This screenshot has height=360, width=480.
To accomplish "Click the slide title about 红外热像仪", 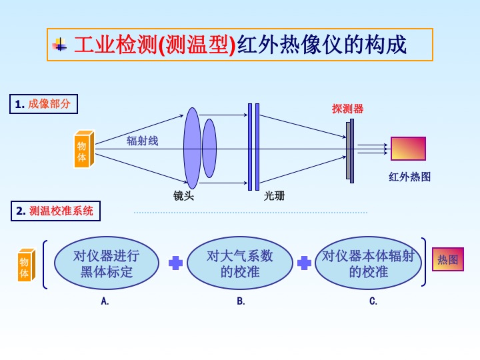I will click(x=240, y=45).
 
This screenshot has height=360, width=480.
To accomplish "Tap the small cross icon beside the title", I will click(x=61, y=45).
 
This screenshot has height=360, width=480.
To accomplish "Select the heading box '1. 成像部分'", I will click(x=43, y=104).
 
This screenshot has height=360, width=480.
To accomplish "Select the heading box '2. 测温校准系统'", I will click(x=55, y=211).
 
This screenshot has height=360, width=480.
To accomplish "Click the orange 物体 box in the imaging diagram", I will click(x=84, y=148).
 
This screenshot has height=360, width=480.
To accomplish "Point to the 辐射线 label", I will click(x=143, y=141).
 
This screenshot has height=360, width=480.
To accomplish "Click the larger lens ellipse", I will click(x=192, y=148).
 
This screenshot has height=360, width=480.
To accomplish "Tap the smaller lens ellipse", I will click(x=209, y=148).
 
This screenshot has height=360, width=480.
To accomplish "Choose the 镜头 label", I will click(x=183, y=196).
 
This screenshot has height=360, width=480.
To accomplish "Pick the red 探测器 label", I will click(x=347, y=109).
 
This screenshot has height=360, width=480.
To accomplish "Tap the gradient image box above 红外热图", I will click(x=408, y=148).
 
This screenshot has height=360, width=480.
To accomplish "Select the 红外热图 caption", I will click(x=410, y=177).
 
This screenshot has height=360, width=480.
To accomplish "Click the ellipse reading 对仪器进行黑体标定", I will click(x=107, y=263).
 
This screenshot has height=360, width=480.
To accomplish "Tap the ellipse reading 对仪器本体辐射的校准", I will click(x=369, y=263).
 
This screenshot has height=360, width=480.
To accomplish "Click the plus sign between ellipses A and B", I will click(x=175, y=263).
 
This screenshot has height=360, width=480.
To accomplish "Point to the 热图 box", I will click(x=448, y=259).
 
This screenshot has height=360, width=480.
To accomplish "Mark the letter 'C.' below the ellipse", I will click(x=373, y=301).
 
